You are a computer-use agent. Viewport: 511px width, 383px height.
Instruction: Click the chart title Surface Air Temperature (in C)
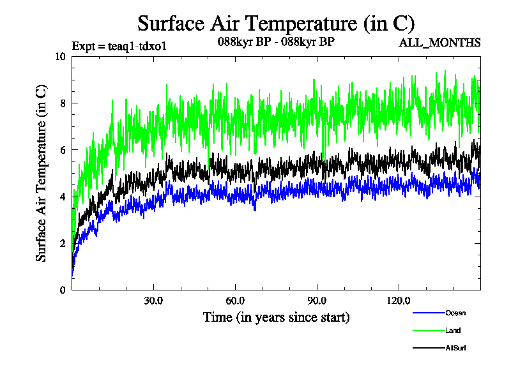point(276,24)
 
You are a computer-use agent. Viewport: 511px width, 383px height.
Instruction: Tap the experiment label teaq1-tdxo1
point(118,46)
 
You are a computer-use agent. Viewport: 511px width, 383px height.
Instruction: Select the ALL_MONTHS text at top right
point(439,43)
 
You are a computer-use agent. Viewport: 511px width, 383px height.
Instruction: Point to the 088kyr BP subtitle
point(276,43)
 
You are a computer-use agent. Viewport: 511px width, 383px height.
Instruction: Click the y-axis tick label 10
point(60,56)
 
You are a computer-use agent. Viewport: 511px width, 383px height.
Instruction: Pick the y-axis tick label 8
point(63,103)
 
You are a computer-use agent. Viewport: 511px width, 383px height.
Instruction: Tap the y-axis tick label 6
point(63,149)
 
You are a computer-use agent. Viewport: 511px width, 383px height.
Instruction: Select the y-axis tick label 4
point(63,197)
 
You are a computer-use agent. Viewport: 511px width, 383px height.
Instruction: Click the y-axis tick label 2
point(63,243)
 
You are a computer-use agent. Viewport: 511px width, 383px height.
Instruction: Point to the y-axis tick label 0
point(63,290)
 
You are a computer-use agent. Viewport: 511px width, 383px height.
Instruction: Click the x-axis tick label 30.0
point(153,301)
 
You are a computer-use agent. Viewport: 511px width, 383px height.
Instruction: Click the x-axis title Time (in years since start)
point(276,317)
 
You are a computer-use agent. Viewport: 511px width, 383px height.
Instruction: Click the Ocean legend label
point(455,313)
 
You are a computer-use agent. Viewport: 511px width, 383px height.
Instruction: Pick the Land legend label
point(453,331)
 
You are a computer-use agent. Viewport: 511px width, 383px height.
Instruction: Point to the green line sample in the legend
point(429,331)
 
